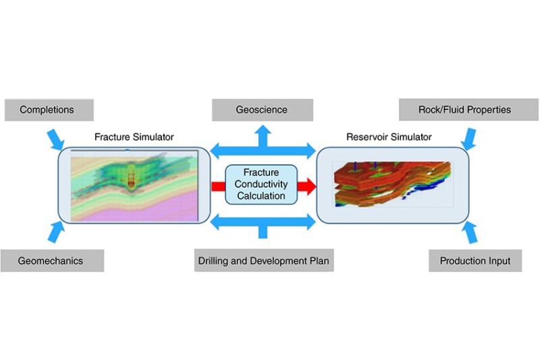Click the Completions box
click(47, 109)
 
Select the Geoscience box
click(262, 109)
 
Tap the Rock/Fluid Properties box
click(468, 109)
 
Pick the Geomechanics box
click(52, 261)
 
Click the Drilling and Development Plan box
click(265, 261)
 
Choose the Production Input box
click(475, 261)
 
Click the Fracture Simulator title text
click(134, 137)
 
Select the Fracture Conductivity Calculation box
click(261, 184)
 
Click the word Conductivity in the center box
click(261, 184)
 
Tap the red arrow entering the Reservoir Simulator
click(305, 184)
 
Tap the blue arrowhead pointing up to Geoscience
click(262, 132)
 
